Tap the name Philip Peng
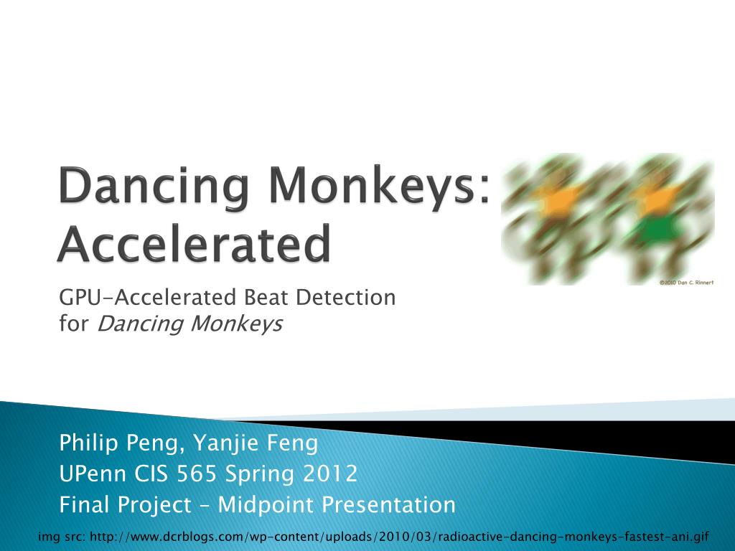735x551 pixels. (x=118, y=444)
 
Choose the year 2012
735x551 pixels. (x=329, y=474)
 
